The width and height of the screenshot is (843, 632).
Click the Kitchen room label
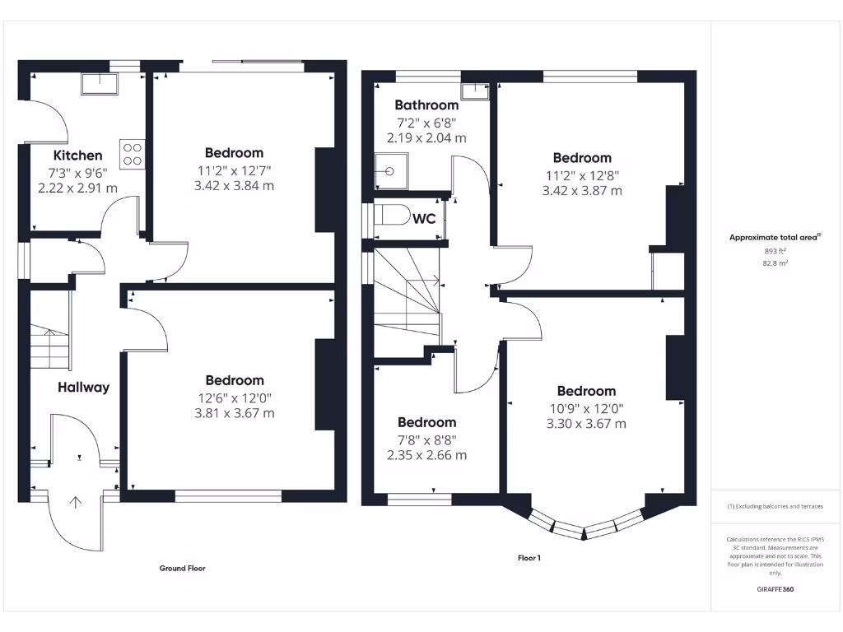(78, 156)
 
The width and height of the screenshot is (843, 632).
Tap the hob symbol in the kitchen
(132, 154)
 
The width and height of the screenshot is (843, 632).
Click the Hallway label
(83, 387)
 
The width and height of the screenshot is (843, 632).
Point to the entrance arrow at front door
(77, 503)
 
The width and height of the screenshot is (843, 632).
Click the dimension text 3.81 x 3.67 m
(235, 413)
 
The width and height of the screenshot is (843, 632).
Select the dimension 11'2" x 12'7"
(235, 170)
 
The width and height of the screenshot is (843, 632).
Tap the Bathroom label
(426, 105)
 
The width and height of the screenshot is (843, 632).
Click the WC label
(424, 219)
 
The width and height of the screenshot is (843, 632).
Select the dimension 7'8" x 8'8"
(426, 439)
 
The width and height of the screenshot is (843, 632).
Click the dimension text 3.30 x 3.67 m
(586, 424)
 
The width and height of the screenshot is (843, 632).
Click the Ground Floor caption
(182, 568)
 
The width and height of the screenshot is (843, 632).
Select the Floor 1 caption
(529, 558)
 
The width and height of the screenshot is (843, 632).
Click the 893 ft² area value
(775, 251)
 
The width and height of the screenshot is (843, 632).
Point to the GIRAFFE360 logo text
(775, 589)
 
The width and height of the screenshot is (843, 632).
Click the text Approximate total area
(774, 238)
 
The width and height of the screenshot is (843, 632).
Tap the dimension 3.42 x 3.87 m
(582, 190)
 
